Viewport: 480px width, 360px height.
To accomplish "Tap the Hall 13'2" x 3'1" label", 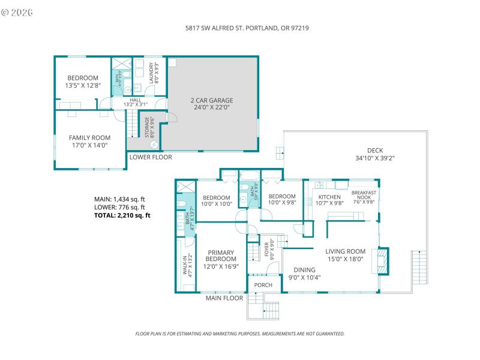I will (136, 103).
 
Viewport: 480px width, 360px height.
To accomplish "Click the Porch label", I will (263, 285).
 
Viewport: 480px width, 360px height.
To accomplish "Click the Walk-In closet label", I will (186, 264).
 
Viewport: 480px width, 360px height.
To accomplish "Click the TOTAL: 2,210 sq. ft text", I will (122, 215).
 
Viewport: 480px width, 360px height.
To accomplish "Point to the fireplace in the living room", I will (382, 260).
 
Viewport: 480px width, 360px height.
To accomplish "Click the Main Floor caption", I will (224, 298).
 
